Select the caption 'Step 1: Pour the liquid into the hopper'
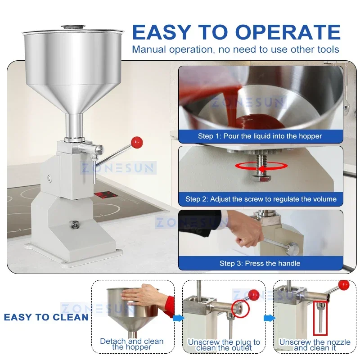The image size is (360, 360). (260, 136)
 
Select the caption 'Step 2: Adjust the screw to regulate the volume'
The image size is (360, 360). (261, 199)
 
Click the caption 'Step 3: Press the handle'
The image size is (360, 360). (260, 263)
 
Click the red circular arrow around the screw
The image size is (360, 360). (261, 166)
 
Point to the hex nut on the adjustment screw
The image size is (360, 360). (261, 179)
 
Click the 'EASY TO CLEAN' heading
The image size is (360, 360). (46, 317)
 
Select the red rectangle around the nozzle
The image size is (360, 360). (320, 317)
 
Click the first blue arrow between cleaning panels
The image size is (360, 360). (179, 318)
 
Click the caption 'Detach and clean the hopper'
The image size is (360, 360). (132, 344)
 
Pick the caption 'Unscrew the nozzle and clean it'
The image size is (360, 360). (315, 345)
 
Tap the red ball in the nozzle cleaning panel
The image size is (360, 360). (344, 285)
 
